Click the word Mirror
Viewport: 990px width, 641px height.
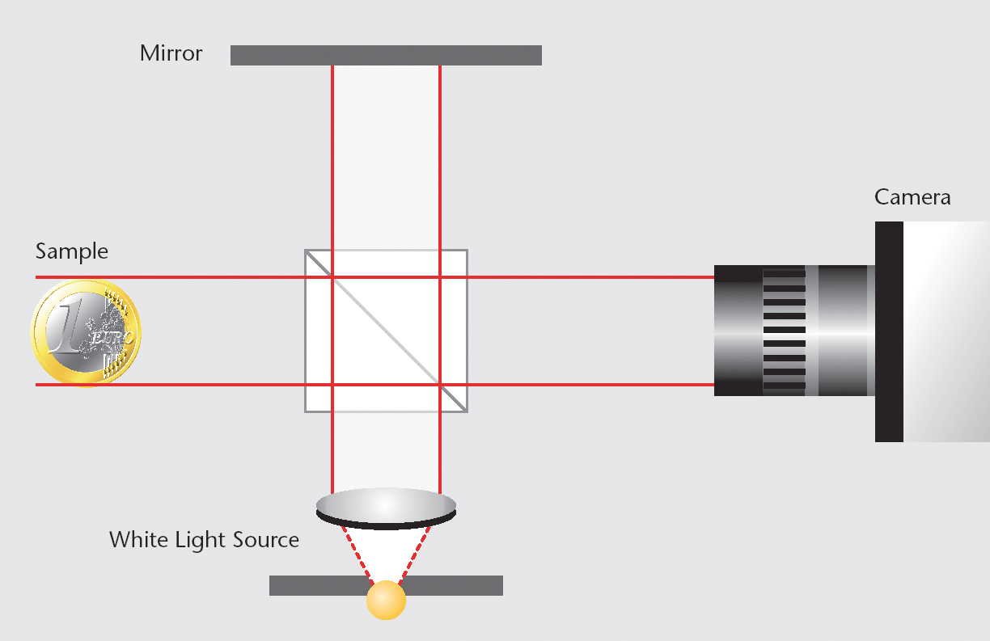[171, 53]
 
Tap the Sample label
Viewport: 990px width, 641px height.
[72, 252]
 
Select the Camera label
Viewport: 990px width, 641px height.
[912, 197]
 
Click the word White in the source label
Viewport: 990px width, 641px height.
[138, 539]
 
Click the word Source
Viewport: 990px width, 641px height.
[266, 540]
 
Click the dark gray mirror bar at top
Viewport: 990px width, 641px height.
[386, 55]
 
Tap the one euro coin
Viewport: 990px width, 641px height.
[86, 333]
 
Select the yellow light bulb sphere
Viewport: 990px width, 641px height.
[386, 600]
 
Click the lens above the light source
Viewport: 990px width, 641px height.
[386, 508]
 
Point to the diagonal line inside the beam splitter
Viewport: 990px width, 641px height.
[386, 331]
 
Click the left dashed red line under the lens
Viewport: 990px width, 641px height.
[357, 555]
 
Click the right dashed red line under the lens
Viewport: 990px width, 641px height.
[415, 555]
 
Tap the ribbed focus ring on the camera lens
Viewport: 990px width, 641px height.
[785, 330]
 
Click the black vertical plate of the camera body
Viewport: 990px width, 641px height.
[889, 331]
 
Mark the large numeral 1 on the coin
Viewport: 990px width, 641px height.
[67, 324]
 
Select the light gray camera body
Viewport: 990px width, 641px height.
[946, 331]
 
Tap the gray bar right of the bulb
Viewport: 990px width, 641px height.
[453, 585]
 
